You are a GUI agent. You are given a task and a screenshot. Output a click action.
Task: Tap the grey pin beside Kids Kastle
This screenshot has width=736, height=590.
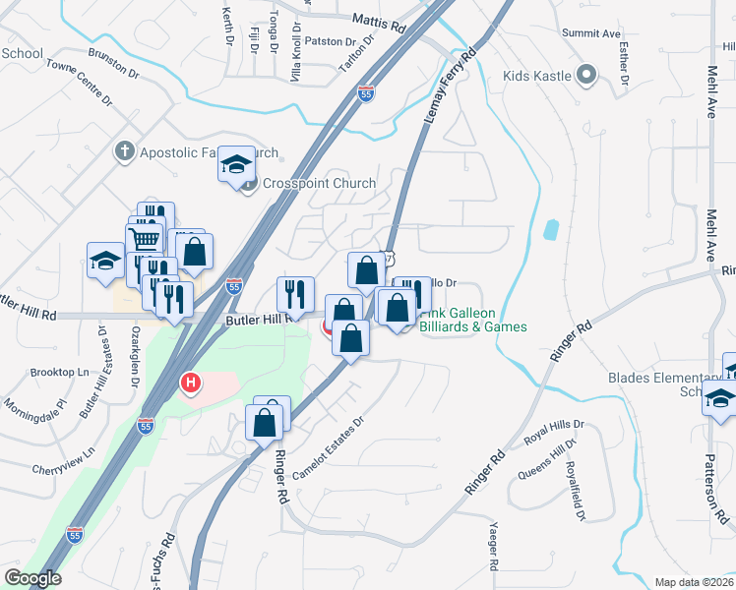[586, 74]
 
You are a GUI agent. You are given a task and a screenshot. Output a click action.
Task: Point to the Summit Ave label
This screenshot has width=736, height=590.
[591, 33]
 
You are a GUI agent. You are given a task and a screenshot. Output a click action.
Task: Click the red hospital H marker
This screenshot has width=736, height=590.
[192, 381]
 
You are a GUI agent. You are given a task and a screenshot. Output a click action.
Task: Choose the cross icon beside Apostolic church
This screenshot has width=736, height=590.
[124, 151]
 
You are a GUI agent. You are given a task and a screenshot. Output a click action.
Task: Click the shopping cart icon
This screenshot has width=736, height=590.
[145, 238]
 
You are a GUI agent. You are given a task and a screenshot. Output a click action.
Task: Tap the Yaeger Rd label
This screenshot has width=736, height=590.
[494, 552]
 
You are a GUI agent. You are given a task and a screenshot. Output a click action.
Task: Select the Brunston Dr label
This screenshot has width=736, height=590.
[112, 66]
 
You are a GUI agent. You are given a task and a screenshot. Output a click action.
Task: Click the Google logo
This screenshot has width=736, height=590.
[32, 578]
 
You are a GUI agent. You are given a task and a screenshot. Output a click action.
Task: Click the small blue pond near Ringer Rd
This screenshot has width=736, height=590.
[550, 230]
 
